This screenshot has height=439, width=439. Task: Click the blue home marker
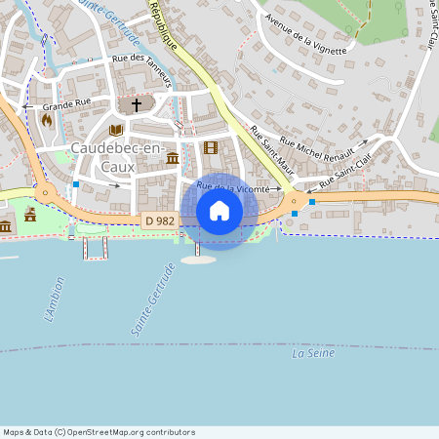[x=219, y=211]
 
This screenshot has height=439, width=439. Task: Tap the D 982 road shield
[x=160, y=220]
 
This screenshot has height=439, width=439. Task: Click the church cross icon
[x=136, y=103]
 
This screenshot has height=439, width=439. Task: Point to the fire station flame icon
[x=46, y=119]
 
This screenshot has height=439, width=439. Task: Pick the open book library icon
[x=115, y=130]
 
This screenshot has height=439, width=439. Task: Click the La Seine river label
[x=312, y=354]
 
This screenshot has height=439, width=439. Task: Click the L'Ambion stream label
[x=54, y=303]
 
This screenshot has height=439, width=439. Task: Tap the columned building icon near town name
[x=173, y=158]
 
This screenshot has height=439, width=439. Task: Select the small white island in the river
[x=197, y=260]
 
